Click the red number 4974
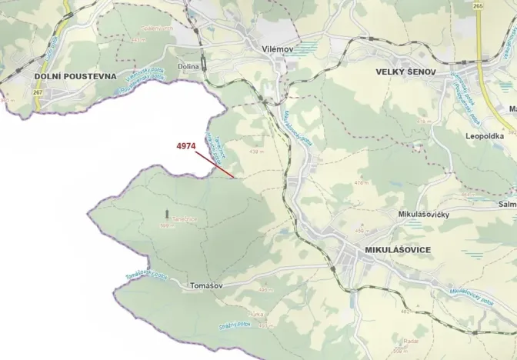click(187, 145)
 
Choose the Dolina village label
click(188, 67)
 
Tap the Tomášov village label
click(205, 285)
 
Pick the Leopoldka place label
click(484, 135)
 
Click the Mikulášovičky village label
click(423, 215)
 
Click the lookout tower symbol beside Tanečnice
click(165, 210)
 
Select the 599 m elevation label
click(165, 226)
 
